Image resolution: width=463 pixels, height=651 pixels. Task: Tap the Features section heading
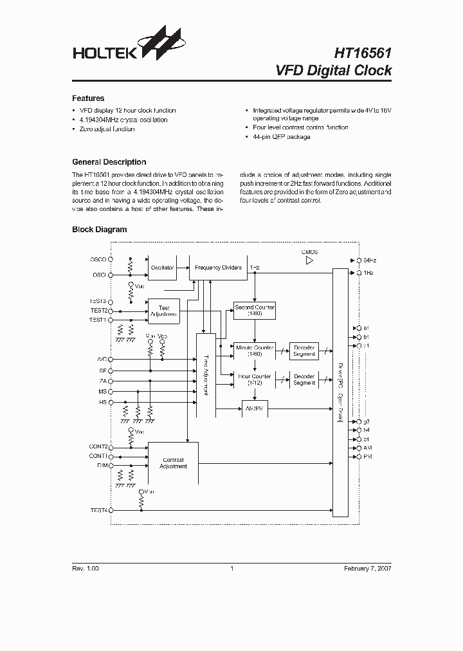click(88, 98)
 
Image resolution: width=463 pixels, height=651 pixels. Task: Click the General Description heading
click(109, 162)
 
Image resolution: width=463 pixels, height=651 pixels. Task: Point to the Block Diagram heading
click(99, 229)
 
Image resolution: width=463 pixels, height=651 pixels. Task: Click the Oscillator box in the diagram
click(162, 268)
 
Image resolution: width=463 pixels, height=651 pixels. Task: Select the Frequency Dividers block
click(218, 268)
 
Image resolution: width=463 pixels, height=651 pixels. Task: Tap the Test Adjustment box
click(163, 311)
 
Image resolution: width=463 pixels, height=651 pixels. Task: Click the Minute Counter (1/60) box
click(255, 351)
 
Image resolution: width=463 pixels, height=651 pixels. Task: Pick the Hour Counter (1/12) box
click(255, 380)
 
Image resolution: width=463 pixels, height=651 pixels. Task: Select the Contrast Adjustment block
click(173, 463)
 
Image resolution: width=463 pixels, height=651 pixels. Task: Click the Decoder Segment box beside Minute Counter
click(304, 351)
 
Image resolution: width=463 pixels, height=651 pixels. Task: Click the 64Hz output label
click(370, 260)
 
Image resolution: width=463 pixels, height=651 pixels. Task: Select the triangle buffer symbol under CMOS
click(309, 261)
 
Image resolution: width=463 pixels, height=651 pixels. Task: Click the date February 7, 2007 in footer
click(367, 569)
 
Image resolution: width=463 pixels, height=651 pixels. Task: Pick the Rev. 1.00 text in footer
click(86, 569)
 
